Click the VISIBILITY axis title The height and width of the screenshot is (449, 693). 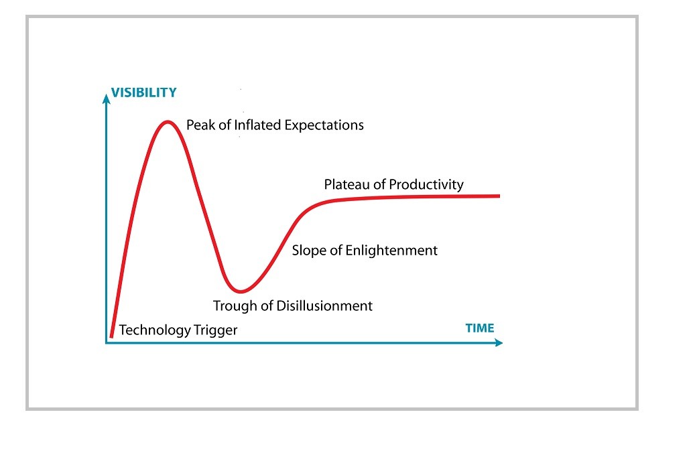coord(143,92)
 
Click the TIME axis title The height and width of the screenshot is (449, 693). coord(480,328)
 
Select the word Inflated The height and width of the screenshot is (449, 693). coord(258,125)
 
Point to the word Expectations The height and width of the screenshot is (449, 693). coord(324,126)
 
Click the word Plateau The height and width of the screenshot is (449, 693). coord(348,184)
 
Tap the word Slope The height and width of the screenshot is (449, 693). coord(309,251)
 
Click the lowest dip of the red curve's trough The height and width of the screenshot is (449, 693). coord(241,292)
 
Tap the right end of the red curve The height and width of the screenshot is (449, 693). coord(499,196)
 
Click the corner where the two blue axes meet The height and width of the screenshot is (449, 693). coord(106,342)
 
